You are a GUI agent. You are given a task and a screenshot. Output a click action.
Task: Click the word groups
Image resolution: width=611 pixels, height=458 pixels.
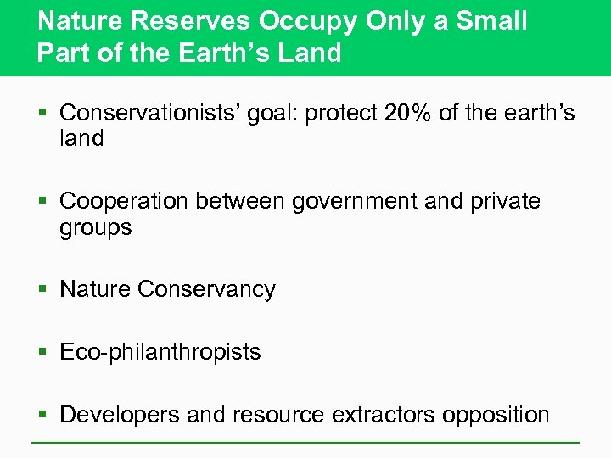(96, 228)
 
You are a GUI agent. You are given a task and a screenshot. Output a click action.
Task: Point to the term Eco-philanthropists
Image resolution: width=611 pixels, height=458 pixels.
(160, 352)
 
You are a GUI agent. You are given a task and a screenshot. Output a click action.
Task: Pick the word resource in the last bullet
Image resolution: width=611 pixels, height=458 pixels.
(278, 415)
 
